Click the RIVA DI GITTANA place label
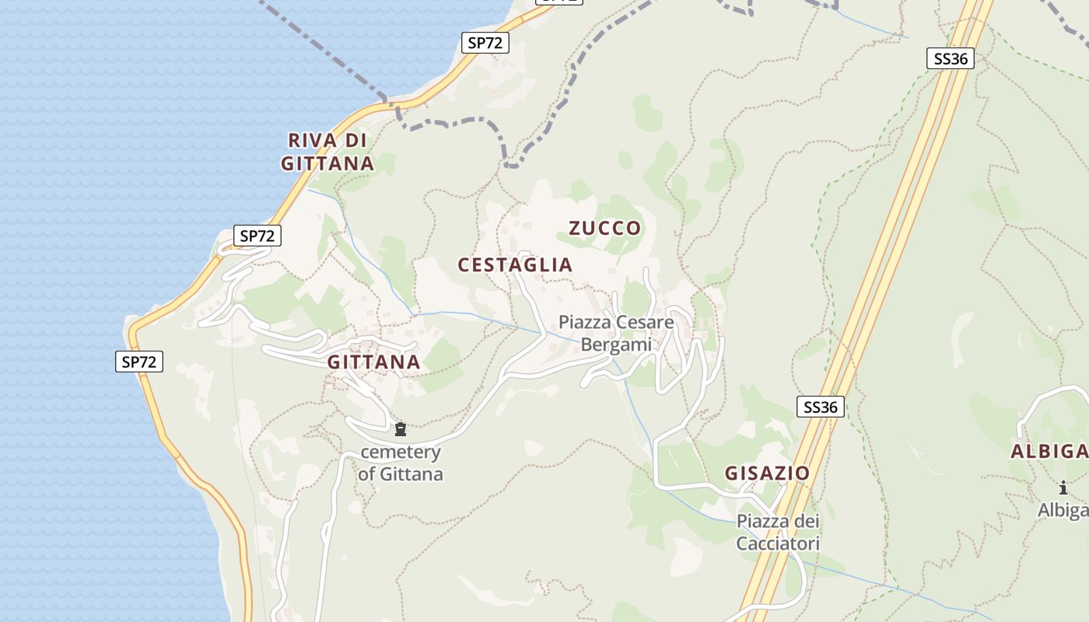click(x=327, y=152)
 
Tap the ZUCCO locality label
click(x=605, y=228)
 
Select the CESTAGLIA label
click(x=515, y=265)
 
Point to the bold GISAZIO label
click(x=767, y=473)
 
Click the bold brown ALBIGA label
click(x=1049, y=452)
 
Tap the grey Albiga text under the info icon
click(x=1063, y=510)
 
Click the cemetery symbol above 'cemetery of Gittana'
click(x=401, y=429)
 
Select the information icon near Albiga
click(x=1063, y=487)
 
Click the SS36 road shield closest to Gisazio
click(x=821, y=407)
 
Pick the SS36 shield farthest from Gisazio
click(x=951, y=58)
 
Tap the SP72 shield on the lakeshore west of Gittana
click(x=139, y=361)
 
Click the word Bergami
click(x=616, y=344)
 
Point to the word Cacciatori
click(x=778, y=543)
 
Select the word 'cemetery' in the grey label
click(x=401, y=453)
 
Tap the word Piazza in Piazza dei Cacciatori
click(x=763, y=522)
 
